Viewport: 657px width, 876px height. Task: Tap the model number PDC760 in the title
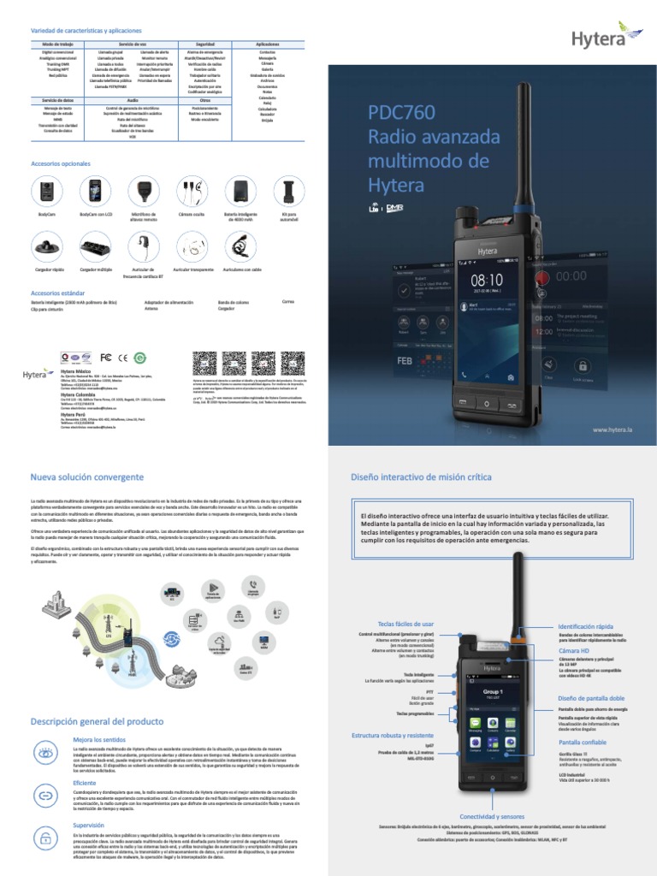tap(401, 113)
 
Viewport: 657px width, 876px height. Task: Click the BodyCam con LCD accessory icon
tap(96, 191)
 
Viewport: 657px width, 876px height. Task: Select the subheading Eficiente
tap(85, 782)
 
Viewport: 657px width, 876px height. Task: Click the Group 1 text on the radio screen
tap(494, 690)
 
